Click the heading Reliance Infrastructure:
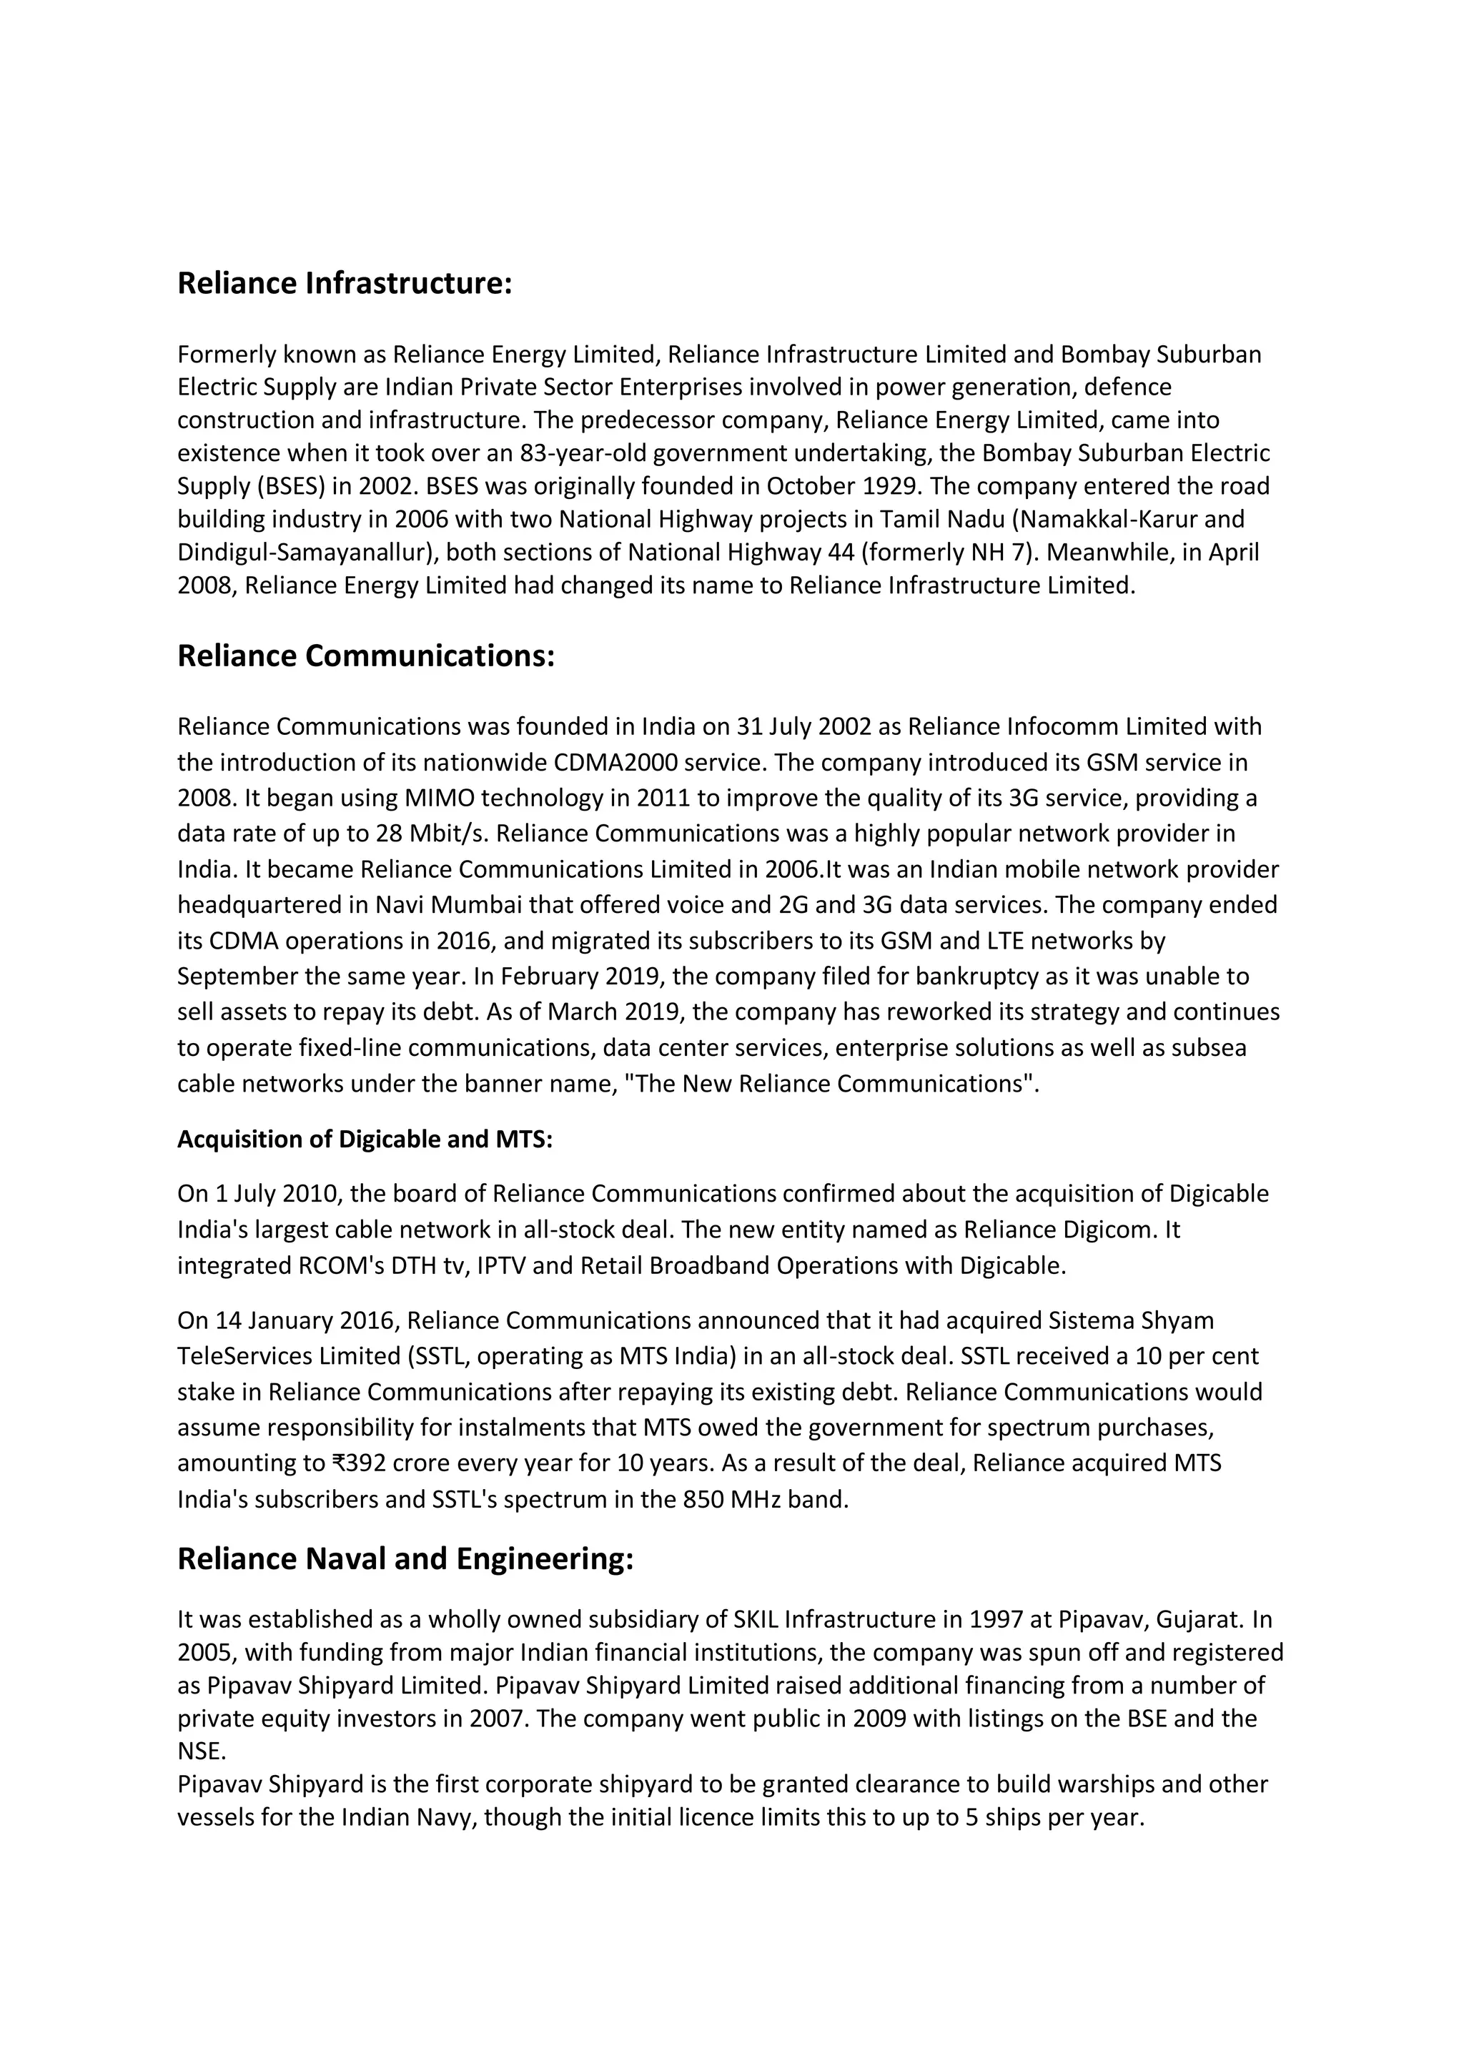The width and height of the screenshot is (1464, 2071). tap(345, 283)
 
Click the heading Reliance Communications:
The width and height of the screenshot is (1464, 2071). tap(365, 656)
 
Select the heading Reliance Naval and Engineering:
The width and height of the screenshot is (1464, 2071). tap(405, 1558)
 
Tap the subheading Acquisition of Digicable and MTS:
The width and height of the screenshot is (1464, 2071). tap(365, 1140)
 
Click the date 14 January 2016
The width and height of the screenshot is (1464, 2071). tap(307, 1320)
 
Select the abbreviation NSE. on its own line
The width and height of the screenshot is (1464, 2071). tap(201, 1751)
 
